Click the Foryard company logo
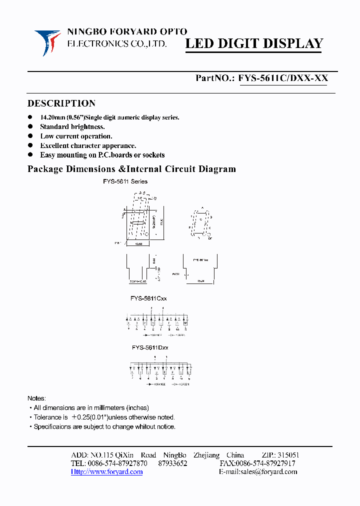pos(48,42)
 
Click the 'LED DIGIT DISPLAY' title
pos(254,44)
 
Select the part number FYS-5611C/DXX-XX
pos(283,78)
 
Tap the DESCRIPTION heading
pos(61,103)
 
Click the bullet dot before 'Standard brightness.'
pos(30,127)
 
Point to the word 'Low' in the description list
pos(47,136)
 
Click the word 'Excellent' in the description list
pos(53,145)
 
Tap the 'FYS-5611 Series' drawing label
pos(125,181)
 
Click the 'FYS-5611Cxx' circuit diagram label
pos(149,298)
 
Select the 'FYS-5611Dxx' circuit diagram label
pos(150,347)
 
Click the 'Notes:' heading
pos(36,398)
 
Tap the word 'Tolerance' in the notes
pos(47,417)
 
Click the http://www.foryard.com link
pos(106,472)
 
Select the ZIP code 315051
pos(287,455)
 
